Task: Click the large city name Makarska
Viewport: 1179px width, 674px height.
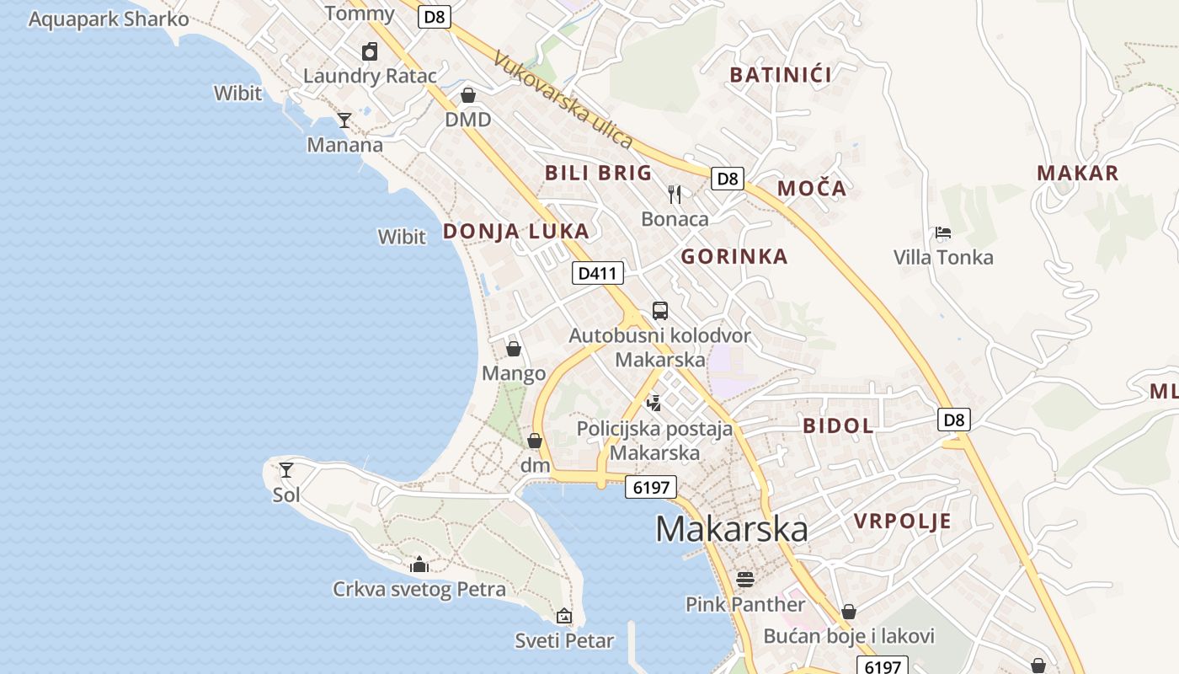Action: tap(731, 529)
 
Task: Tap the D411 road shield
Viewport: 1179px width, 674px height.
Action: tap(598, 272)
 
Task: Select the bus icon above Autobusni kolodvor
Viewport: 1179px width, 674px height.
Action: tap(659, 310)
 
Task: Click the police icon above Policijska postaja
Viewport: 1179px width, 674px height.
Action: tap(654, 403)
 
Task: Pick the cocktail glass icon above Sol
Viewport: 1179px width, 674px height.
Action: tap(286, 469)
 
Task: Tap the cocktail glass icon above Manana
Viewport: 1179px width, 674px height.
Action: tap(344, 120)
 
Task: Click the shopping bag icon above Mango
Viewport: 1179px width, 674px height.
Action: tap(513, 348)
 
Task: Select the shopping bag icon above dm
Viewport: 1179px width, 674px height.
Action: tap(534, 440)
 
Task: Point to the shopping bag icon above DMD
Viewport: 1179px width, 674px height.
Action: tap(467, 94)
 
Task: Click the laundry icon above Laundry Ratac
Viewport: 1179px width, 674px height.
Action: tap(369, 51)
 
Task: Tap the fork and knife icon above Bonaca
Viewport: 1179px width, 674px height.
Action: tap(675, 195)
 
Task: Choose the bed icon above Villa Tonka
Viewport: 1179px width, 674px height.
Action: tap(943, 233)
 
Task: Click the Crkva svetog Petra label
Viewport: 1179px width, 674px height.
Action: tap(419, 589)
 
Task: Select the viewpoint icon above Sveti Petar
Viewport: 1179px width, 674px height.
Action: tap(564, 616)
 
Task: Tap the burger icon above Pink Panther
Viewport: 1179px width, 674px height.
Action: tap(744, 579)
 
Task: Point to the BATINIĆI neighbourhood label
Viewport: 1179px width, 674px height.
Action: tap(781, 75)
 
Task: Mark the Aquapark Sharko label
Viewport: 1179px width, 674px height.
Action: tap(109, 19)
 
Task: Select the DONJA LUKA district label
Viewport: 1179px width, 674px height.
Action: tap(515, 231)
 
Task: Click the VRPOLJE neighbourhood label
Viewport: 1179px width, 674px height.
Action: tap(903, 521)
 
